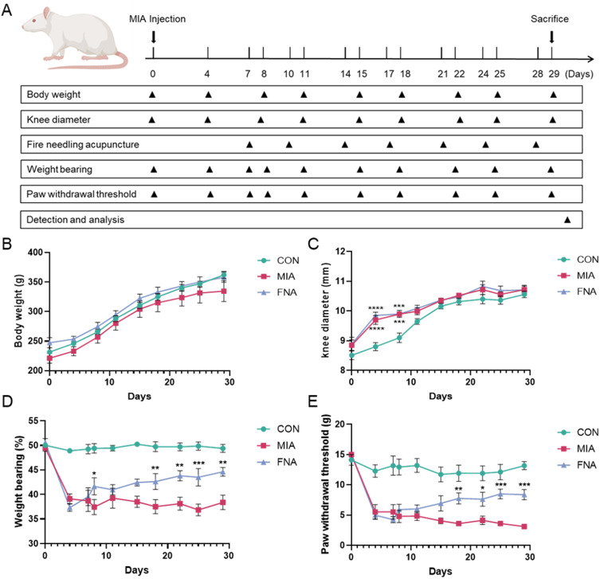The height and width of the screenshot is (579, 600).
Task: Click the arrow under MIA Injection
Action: pos(154,37)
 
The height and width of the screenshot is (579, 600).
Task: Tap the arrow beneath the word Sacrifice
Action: pos(551,37)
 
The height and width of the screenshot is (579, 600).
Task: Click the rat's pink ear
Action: pos(47,14)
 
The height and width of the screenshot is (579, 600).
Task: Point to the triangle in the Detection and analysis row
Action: pos(567,220)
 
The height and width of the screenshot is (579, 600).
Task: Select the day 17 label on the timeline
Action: pos(389,74)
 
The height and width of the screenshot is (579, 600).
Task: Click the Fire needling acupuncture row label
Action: pos(83,145)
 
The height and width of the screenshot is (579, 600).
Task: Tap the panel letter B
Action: pos(6,244)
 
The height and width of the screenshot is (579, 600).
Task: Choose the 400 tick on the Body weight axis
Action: pos(36,252)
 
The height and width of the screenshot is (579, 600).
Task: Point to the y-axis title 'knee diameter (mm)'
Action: pos(325,310)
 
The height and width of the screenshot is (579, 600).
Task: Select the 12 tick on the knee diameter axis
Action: pos(340,251)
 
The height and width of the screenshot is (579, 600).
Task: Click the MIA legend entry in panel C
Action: pos(576,276)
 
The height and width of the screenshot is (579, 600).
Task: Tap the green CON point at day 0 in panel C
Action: pos(351,355)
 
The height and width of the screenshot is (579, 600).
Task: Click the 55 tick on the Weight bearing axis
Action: pos(33,421)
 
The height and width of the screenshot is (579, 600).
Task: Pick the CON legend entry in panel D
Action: pos(279,429)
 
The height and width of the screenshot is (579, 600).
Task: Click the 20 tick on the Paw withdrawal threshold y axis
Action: pos(339,424)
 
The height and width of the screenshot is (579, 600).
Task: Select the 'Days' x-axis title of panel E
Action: pos(441,571)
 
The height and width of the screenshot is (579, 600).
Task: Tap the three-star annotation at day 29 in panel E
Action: pos(524,485)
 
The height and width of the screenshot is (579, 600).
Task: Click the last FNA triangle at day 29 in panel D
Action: pos(222,472)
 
